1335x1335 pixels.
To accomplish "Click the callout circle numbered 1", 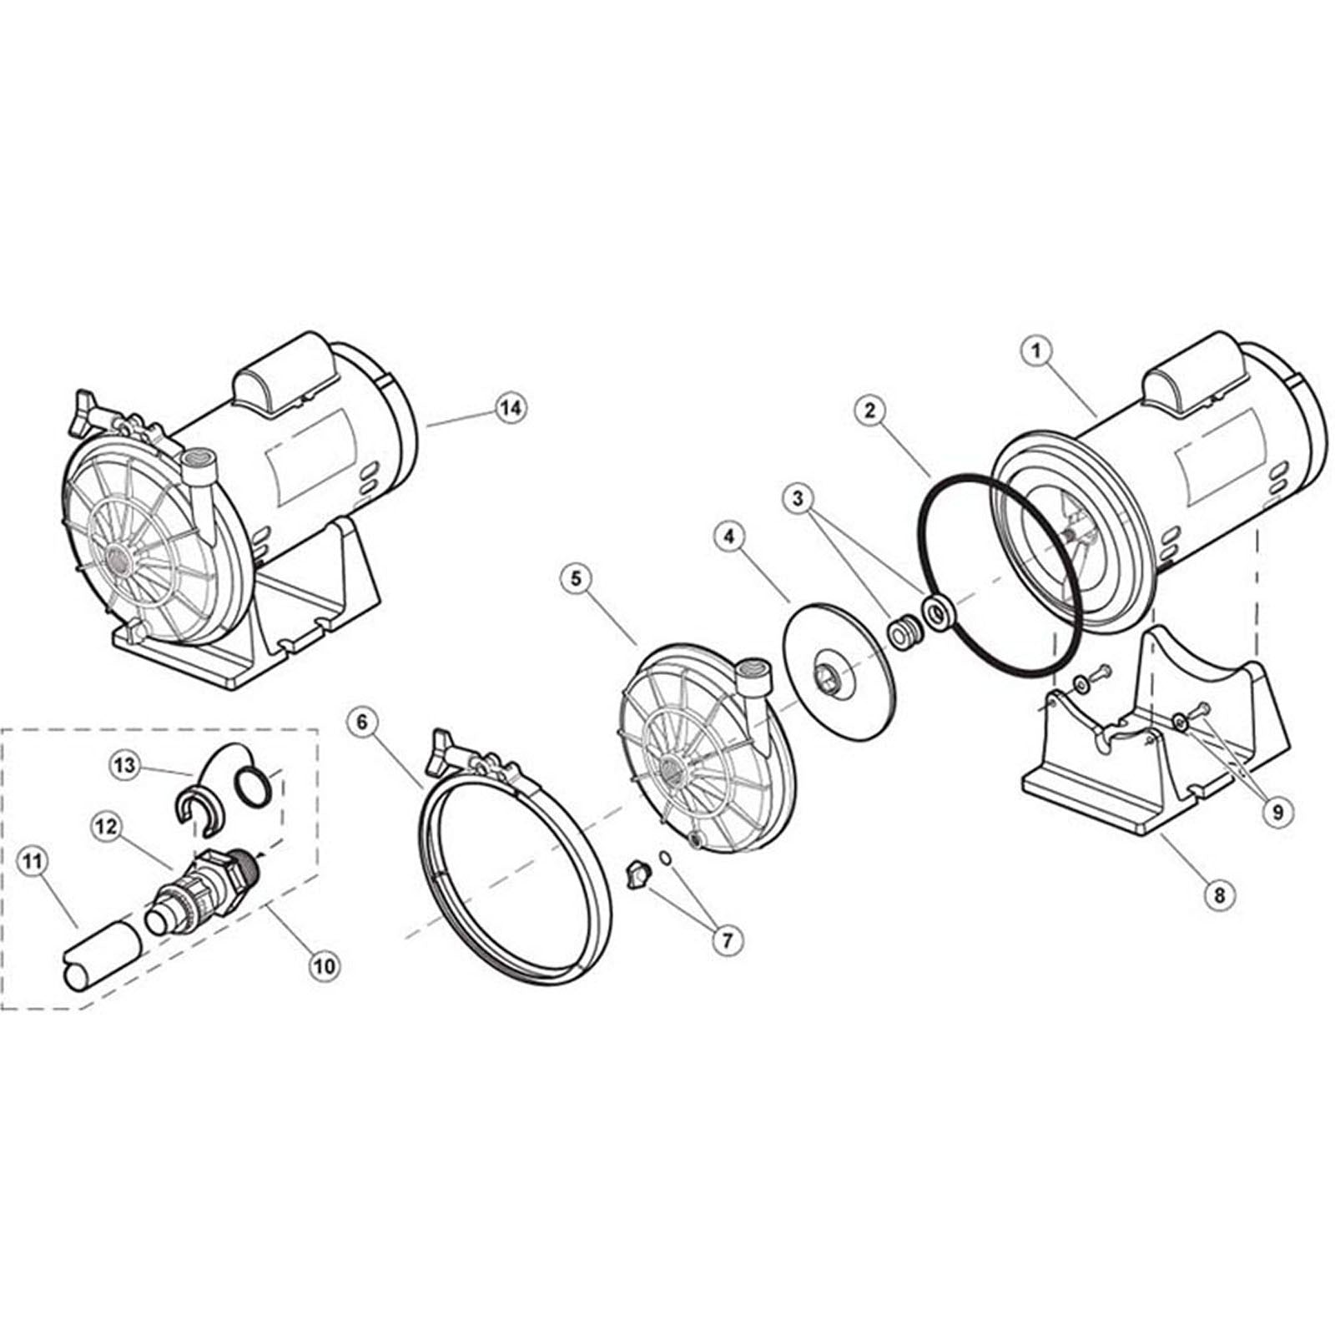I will pos(1037,351).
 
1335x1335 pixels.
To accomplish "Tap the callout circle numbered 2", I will pos(870,410).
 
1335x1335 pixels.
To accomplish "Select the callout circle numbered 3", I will pos(798,499).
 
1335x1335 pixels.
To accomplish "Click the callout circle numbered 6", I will pos(362,723).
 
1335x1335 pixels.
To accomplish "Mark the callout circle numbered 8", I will pos(1219,895).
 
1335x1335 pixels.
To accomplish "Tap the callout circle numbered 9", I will pos(1277,810).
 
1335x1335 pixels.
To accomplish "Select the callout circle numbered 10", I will pos(324,965).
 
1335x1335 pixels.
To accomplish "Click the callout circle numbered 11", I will pos(33,862).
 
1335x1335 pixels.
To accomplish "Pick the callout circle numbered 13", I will pos(125,765).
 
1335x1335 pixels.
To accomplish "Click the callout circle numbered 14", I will pos(511,407).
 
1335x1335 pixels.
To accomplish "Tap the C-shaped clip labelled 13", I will pos(194,808).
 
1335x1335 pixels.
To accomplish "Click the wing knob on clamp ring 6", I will pos(443,742).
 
